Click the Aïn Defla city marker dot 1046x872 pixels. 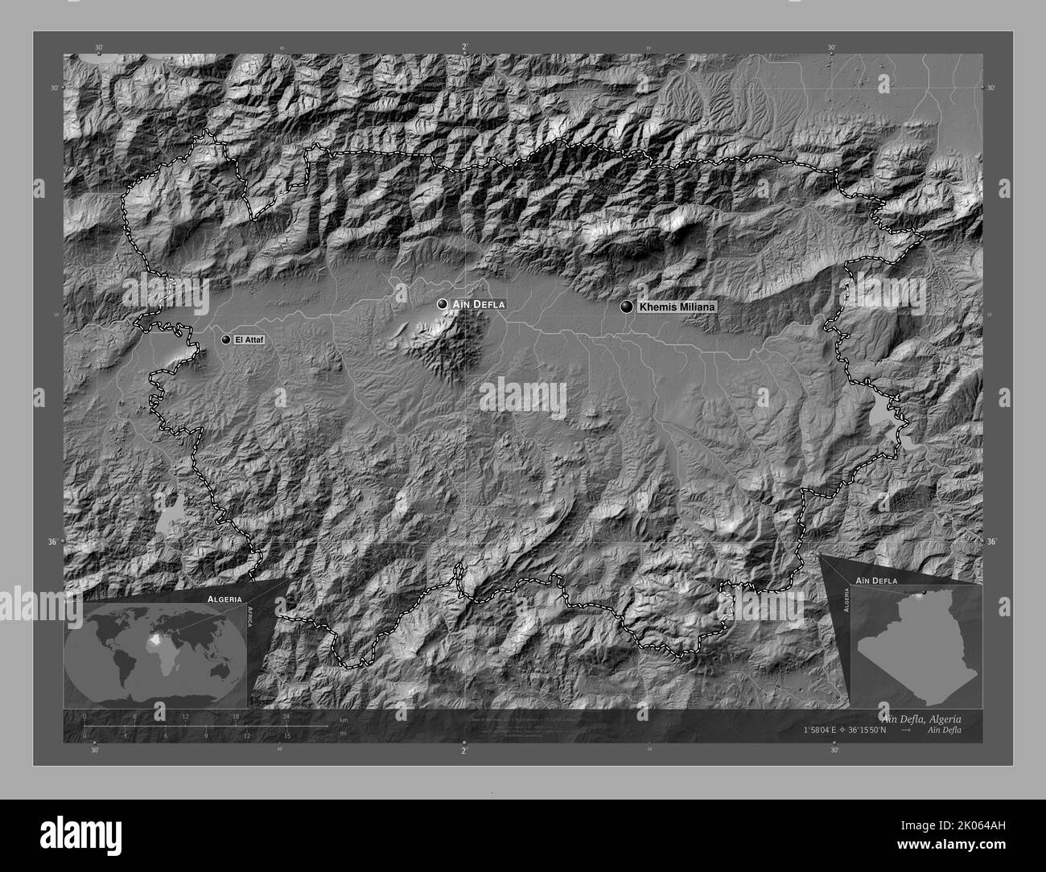point(442,304)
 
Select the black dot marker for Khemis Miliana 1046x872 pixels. point(626,306)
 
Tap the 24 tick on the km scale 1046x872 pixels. point(286,716)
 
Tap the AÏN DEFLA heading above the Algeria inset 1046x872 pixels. point(876,579)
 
